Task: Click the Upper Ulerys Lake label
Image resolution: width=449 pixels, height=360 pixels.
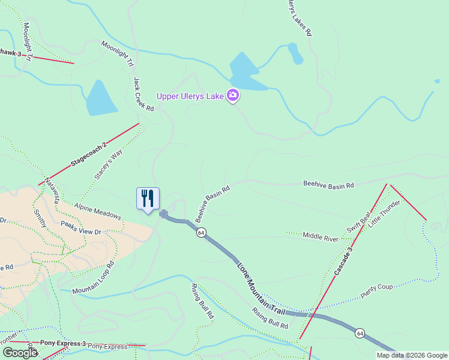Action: coord(189,97)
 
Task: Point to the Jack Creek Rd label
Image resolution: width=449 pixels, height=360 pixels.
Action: coord(143,94)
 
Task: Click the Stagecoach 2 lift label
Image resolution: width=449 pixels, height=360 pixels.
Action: coord(88,154)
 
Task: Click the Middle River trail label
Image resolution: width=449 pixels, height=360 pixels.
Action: coord(321,236)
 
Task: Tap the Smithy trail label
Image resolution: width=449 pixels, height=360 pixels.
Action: coord(40,221)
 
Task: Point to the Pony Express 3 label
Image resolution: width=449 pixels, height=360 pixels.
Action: coord(63,343)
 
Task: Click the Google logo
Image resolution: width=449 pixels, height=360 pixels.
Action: coord(20,353)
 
